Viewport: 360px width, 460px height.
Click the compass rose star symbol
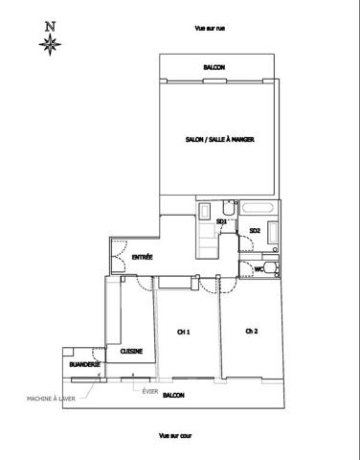[x=50, y=44]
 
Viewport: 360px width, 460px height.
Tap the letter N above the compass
[x=50, y=27]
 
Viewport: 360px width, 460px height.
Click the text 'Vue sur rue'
[x=210, y=29]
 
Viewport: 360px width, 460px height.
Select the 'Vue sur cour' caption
[x=175, y=436]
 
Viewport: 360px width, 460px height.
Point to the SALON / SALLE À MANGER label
[x=220, y=140]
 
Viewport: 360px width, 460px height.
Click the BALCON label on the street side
[x=214, y=67]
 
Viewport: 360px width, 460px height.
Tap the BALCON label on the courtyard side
[x=173, y=396]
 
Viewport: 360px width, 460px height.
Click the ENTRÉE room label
[x=143, y=257]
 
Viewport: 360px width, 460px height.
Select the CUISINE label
[x=131, y=352]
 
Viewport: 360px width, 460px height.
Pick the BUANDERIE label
[x=84, y=364]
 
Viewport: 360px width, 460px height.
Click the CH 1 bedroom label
[x=184, y=333]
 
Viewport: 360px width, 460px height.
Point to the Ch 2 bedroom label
[x=252, y=332]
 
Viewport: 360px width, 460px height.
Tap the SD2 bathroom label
[x=255, y=231]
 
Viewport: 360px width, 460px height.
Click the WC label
[x=259, y=269]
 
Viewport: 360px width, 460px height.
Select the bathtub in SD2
[x=258, y=208]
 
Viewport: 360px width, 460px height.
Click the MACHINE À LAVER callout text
[x=51, y=399]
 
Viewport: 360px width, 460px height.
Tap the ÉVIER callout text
[x=150, y=391]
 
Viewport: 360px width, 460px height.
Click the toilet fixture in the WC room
[x=272, y=268]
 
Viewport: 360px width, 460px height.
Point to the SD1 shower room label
[x=221, y=221]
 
